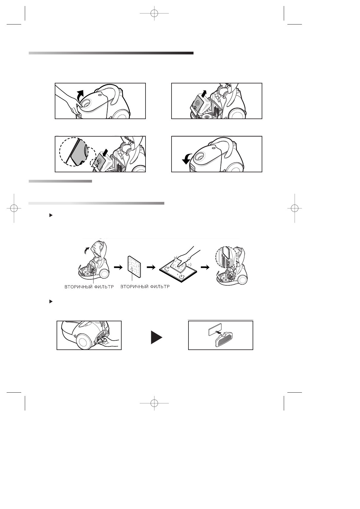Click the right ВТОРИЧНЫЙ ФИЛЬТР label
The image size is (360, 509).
(145, 287)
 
